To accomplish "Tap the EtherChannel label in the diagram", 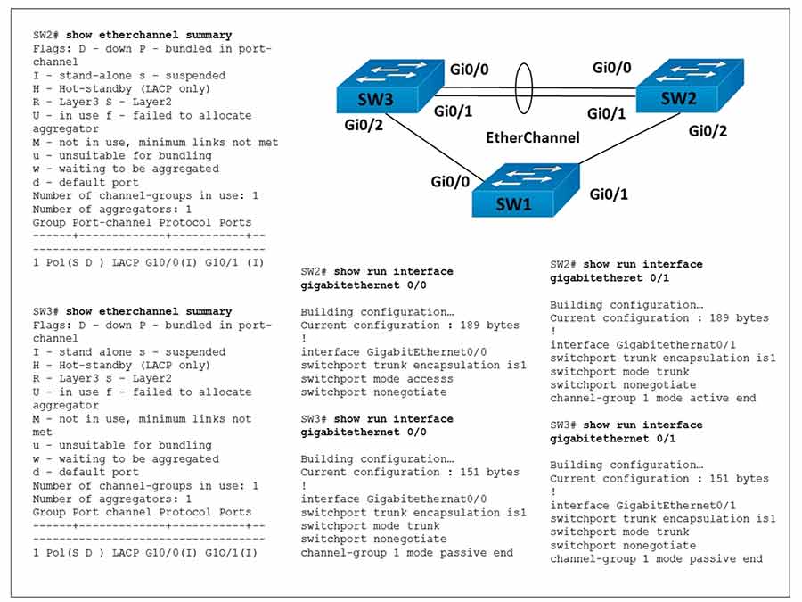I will point(532,138).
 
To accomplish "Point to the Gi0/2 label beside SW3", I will point(366,125).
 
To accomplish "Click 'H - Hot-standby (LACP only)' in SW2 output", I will point(121,89).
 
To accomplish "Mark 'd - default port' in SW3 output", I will point(86,473).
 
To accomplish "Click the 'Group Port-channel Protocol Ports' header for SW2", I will point(142,222).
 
